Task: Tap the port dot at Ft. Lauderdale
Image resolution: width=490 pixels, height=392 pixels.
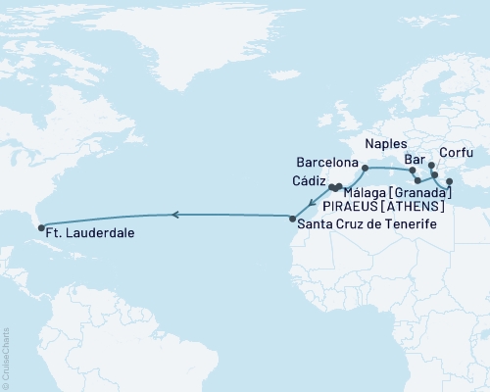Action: (x=41, y=228)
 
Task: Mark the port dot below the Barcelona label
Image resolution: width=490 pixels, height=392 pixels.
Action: (x=365, y=169)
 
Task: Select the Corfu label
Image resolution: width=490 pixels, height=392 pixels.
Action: (x=457, y=153)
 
